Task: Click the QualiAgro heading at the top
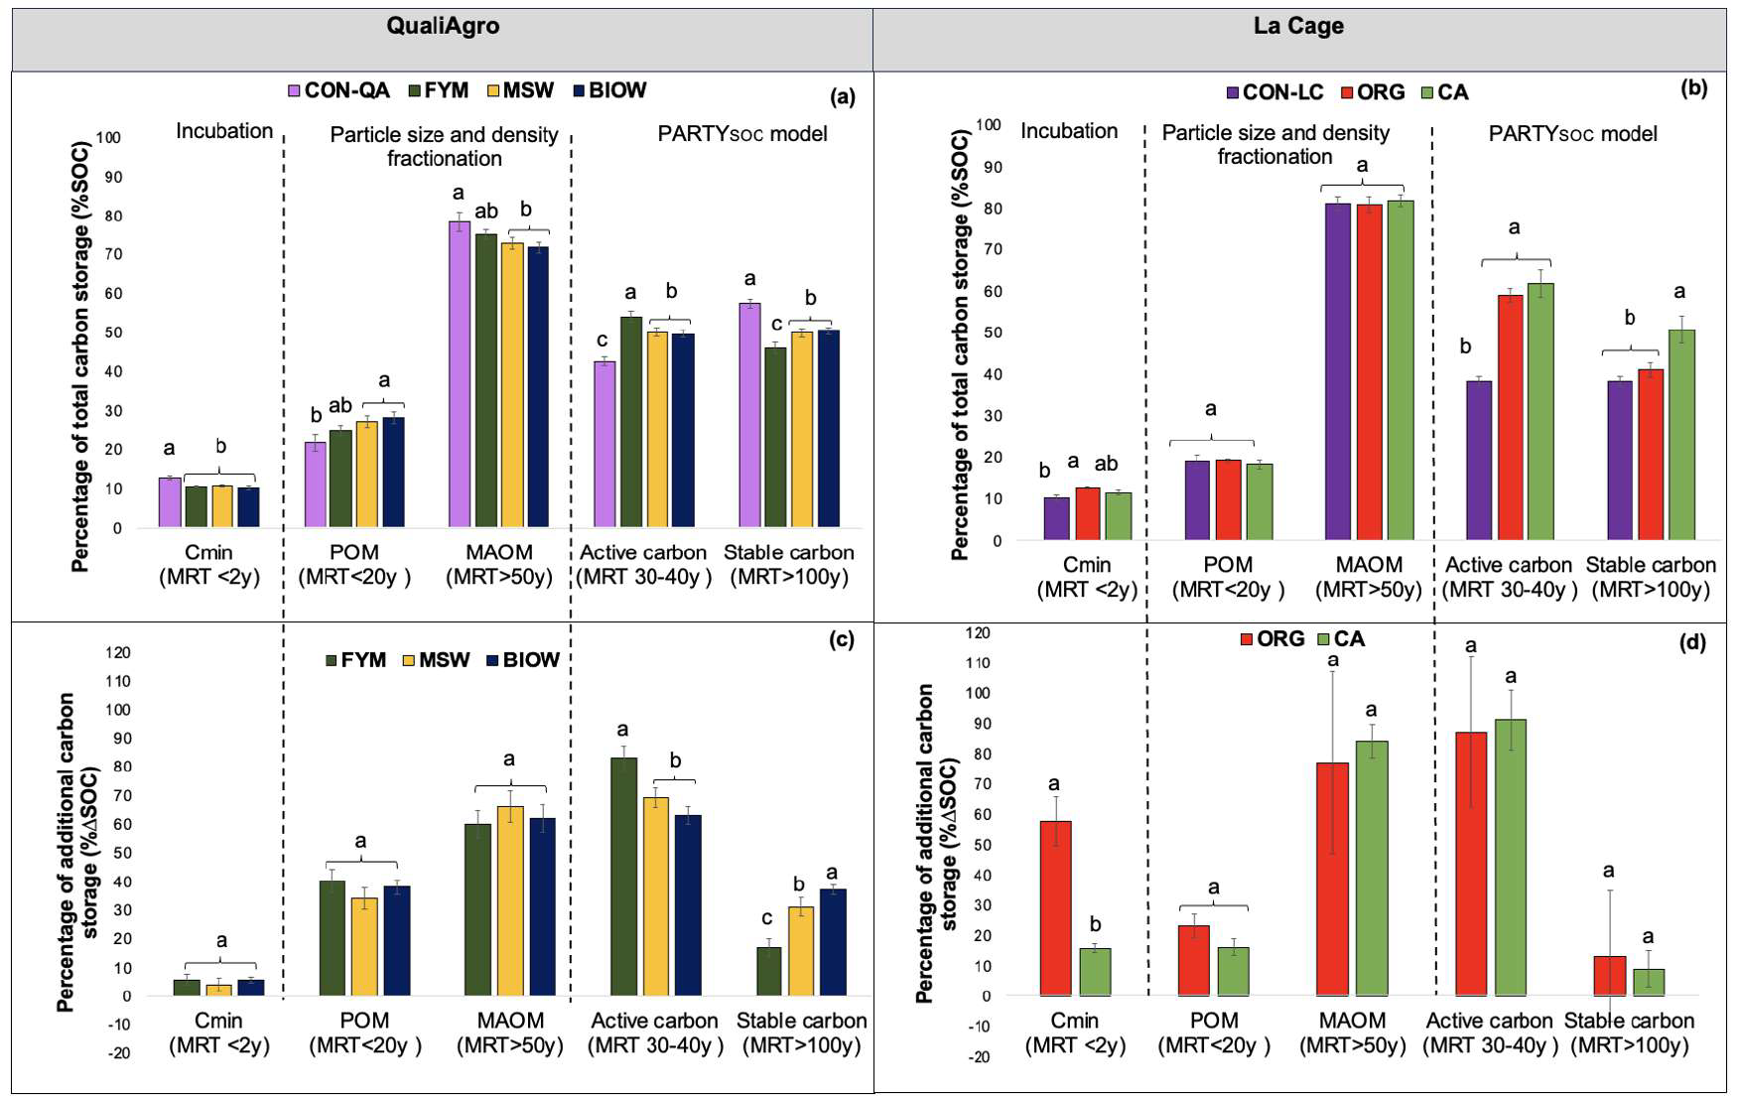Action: tap(443, 27)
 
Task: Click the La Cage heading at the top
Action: tap(1298, 27)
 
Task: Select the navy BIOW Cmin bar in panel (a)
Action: tap(248, 507)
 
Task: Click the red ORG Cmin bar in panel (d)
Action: tap(1055, 907)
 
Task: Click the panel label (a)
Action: tap(842, 97)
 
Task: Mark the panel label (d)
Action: tap(1692, 642)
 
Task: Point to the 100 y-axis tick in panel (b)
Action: tap(989, 124)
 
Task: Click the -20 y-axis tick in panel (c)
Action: tap(119, 1053)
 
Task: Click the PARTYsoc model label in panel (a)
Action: tap(742, 134)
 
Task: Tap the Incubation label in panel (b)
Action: tap(1069, 131)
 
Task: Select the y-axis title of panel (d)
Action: tap(937, 844)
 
